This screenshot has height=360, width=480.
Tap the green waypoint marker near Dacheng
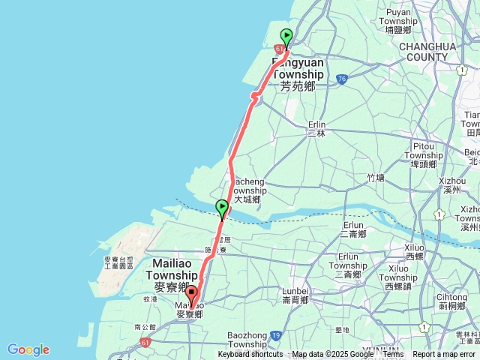(221, 208)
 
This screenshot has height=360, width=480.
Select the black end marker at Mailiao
(191, 295)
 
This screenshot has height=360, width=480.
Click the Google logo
(28, 349)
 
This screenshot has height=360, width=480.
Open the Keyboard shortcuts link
(250, 355)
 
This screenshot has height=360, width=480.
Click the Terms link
(393, 355)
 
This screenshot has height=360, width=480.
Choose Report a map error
(444, 355)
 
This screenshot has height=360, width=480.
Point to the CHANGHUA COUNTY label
(427, 51)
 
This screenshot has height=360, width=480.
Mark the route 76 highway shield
(341, 78)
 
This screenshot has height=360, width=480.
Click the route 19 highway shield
(276, 335)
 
